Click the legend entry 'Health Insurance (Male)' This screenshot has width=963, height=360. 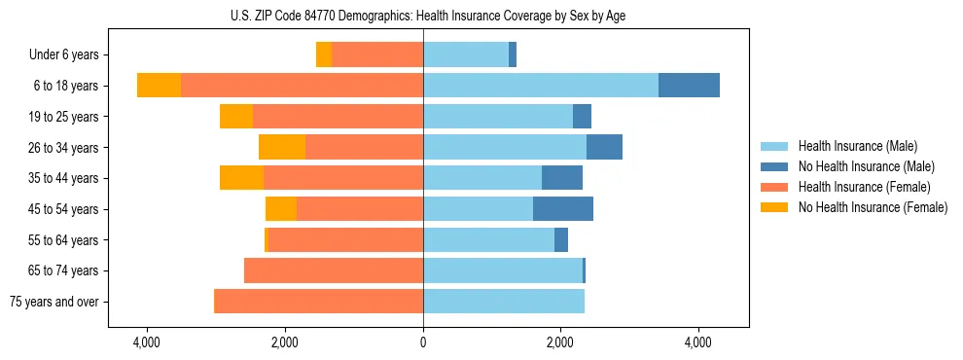[857, 146]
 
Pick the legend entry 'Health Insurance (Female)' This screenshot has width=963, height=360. [864, 187]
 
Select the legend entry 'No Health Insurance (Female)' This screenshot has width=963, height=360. [872, 207]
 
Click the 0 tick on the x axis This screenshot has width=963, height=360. [423, 343]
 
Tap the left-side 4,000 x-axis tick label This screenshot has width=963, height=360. [147, 343]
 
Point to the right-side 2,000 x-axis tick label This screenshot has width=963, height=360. [560, 343]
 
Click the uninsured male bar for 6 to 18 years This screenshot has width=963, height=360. [689, 86]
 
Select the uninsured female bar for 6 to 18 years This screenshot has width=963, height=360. [159, 86]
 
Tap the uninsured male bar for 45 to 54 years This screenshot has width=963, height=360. [563, 209]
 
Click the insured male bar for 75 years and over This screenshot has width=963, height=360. [504, 302]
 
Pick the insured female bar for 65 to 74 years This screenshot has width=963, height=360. [334, 270]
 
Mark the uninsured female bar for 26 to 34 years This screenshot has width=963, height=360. [282, 147]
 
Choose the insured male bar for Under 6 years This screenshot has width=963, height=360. [466, 54]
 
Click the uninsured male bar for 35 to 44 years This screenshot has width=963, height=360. [562, 178]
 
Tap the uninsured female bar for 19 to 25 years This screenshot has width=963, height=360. [236, 117]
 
